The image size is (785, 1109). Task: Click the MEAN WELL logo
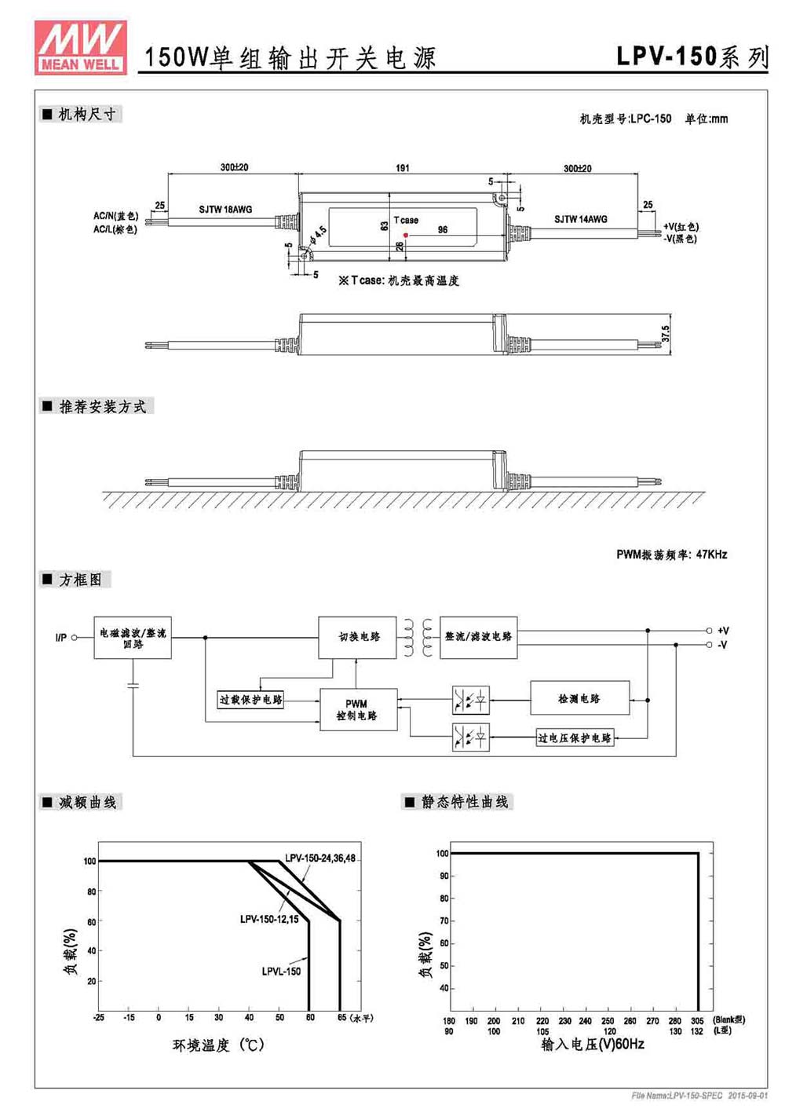81,48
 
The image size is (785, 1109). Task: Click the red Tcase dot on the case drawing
406,235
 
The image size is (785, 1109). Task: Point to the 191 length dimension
403,168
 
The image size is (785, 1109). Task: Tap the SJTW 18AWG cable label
225,210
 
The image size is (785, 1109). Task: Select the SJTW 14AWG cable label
581,219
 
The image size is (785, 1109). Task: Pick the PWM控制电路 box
358,709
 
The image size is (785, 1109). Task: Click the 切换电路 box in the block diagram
357,637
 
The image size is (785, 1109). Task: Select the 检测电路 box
580,698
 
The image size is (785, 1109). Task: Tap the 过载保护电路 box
250,700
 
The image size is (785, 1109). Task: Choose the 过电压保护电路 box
575,738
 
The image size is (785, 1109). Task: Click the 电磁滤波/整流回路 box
133,638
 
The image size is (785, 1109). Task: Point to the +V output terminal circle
709,630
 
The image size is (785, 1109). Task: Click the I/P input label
61,638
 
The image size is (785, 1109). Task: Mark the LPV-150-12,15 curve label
269,920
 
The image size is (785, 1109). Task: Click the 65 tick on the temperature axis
342,1017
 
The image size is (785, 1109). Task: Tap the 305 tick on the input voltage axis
697,1021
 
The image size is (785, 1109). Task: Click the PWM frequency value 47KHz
711,554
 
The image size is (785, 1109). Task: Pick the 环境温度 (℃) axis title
218,1045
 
